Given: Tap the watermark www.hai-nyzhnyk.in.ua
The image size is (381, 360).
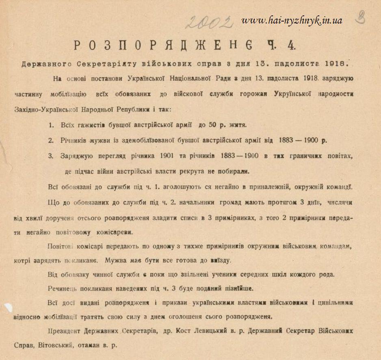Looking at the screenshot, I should pyautogui.click(x=292, y=20).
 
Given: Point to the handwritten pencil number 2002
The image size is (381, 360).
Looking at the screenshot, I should pyautogui.click(x=209, y=22).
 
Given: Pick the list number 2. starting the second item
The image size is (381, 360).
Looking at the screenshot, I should pyautogui.click(x=51, y=140).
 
